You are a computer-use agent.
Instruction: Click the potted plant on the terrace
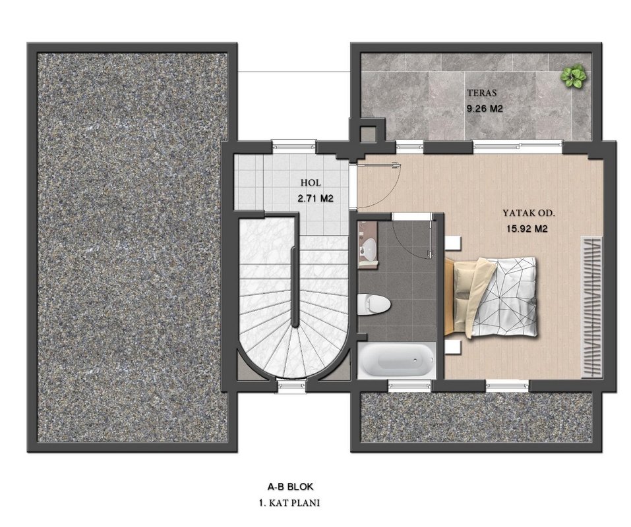pos(573,76)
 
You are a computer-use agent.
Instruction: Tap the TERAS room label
pos(482,93)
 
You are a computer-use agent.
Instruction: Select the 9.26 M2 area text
pos(485,109)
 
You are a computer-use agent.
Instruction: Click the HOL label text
pos(311,183)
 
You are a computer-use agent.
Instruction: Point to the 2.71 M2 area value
pos(315,198)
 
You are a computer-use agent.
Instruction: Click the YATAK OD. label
pos(528,213)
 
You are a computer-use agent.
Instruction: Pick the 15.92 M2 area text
pos(527,229)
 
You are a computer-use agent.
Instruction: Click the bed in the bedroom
pos(491,297)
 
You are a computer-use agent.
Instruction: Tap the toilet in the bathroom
pos(374,304)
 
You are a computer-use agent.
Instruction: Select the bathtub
pos(396,360)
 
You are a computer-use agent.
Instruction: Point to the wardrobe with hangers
pos(591,307)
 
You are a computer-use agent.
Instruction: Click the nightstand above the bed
pos(453,243)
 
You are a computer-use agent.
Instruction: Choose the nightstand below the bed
pos(453,347)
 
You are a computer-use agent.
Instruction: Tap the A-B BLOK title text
pos(290,487)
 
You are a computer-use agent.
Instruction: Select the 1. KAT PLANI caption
pos(289,503)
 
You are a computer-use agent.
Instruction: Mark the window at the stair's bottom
pos(291,386)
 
